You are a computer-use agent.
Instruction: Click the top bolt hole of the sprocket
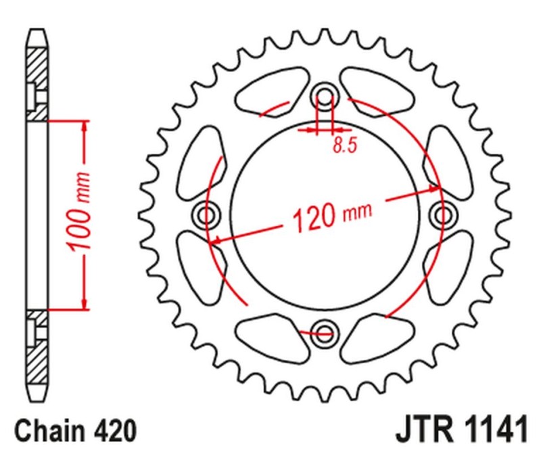point(325,97)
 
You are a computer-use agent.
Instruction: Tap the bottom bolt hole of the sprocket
point(325,332)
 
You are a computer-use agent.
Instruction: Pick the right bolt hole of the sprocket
point(444,216)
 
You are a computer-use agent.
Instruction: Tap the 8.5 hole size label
point(344,145)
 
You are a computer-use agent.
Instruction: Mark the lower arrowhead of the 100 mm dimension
point(84,304)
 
